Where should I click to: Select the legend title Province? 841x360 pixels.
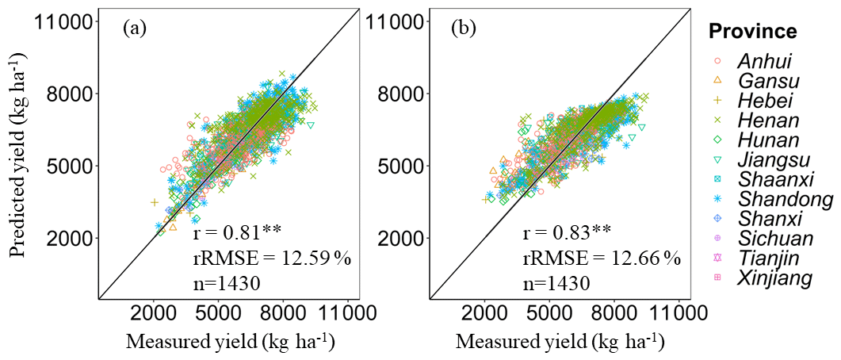click(752, 32)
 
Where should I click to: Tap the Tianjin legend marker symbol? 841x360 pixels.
click(717, 259)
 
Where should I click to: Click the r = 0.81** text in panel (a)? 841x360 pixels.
click(237, 232)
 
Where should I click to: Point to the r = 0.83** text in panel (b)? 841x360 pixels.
click(567, 232)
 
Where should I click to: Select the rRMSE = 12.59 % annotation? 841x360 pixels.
click(271, 258)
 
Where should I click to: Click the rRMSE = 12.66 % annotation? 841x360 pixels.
click(601, 258)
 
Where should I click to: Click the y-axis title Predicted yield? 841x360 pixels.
click(17, 155)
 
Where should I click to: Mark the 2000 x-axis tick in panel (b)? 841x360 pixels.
click(485, 312)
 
